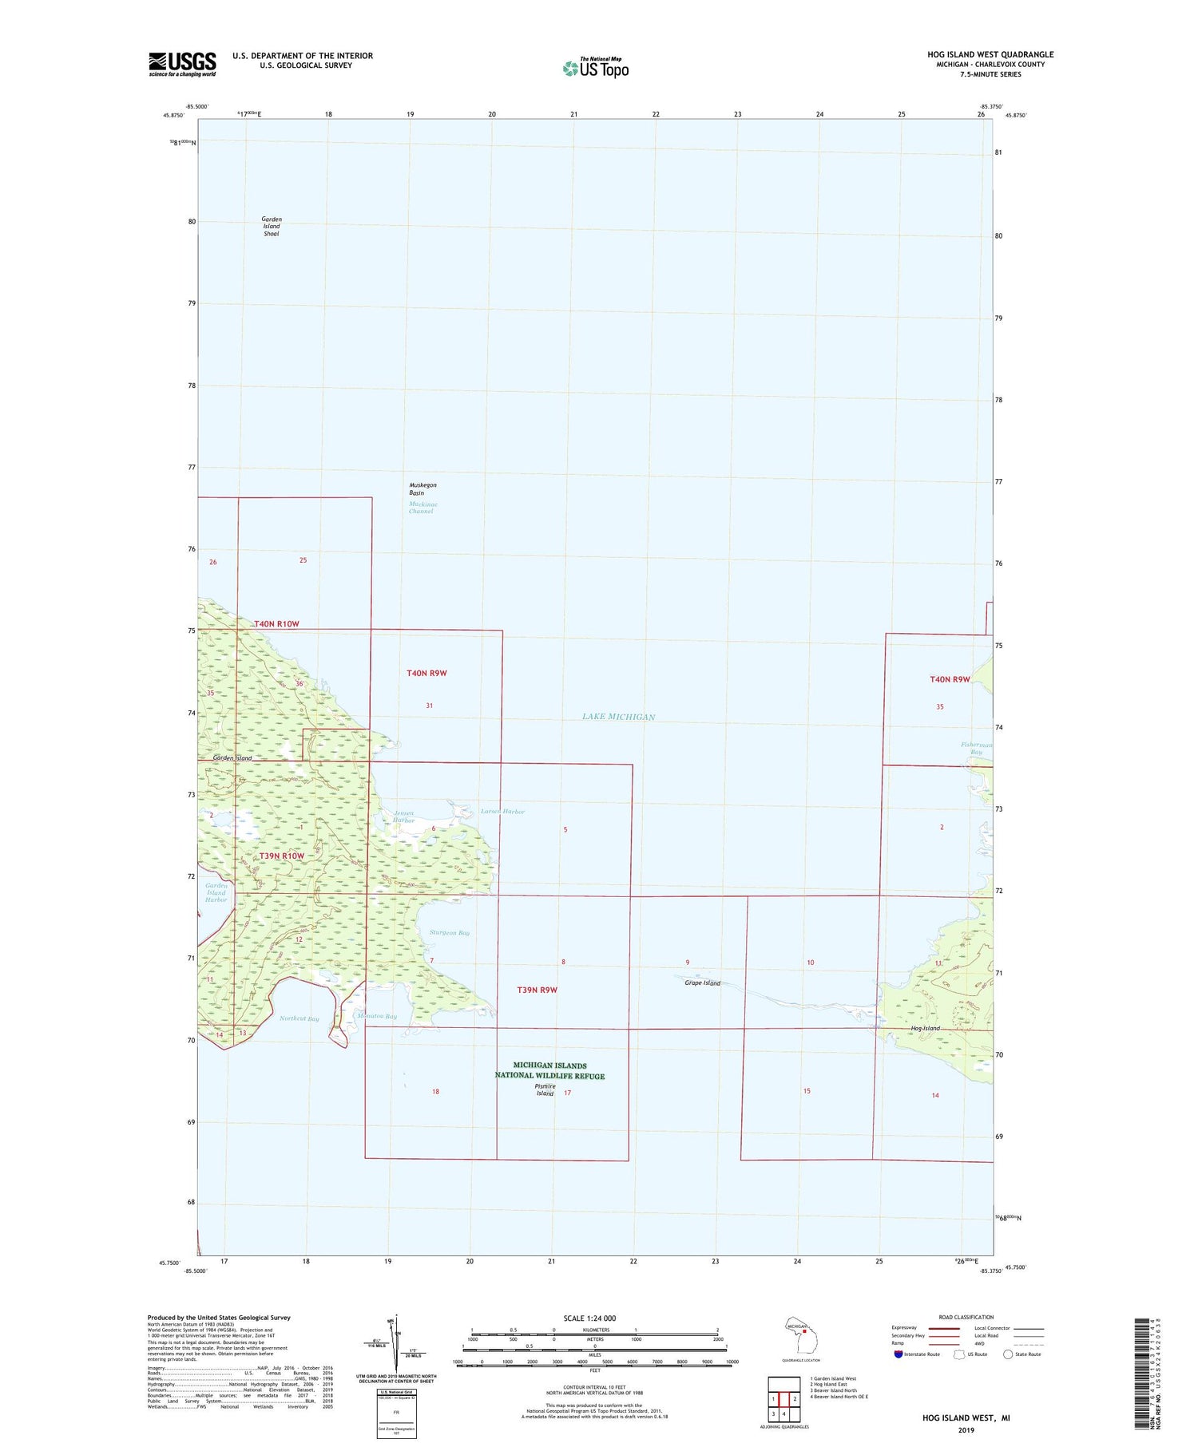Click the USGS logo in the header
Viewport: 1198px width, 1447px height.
coord(182,64)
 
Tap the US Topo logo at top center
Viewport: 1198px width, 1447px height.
coord(596,69)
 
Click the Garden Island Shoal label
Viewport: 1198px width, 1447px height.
coord(272,227)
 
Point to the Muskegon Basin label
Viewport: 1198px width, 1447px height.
coord(422,489)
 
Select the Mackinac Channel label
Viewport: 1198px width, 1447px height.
coord(422,508)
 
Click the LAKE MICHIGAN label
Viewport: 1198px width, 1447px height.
coord(618,717)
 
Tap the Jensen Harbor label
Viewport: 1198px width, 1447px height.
coord(404,816)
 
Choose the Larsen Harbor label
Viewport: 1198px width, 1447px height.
coord(502,812)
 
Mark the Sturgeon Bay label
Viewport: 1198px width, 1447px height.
coord(450,932)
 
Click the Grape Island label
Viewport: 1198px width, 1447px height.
coord(702,982)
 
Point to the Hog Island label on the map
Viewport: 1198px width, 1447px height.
coord(925,1028)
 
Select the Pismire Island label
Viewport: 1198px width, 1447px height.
coord(545,1090)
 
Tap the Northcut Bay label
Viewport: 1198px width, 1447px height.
coord(299,1018)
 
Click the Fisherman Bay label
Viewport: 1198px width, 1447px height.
coord(976,748)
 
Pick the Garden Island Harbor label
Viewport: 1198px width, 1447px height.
coord(216,892)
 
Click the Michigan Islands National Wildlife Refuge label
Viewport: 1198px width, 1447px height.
coord(549,1070)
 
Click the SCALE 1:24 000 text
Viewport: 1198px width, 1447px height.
coord(594,1318)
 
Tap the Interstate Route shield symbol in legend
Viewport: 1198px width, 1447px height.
coord(898,1354)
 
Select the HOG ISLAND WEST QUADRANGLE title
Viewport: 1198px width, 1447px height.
coord(990,54)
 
